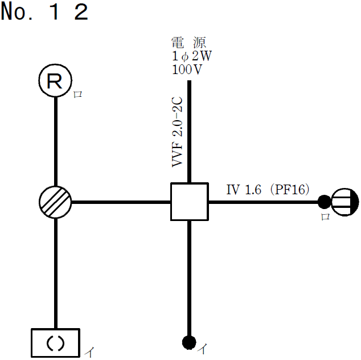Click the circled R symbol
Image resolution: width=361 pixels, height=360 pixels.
coord(55,81)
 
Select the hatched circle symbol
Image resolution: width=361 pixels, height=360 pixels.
coord(56,202)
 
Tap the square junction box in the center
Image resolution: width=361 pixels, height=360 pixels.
coord(188,202)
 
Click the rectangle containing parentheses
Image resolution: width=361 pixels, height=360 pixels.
coord(55,342)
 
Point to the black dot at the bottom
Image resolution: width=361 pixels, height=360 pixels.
coord(188,342)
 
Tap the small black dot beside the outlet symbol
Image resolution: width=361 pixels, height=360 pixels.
coord(324,202)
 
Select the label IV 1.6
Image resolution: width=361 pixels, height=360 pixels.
coord(244,190)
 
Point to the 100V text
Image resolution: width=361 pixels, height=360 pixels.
coord(187,70)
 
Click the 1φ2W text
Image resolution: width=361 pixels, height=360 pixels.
coord(191,57)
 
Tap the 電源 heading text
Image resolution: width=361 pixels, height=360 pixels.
coord(188,42)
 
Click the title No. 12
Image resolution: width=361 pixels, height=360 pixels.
coord(45,13)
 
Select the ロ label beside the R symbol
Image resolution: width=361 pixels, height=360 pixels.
coord(78,95)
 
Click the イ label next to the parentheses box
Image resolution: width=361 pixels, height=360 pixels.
coord(89,353)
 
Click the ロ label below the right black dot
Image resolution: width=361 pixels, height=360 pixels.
coord(325,216)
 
